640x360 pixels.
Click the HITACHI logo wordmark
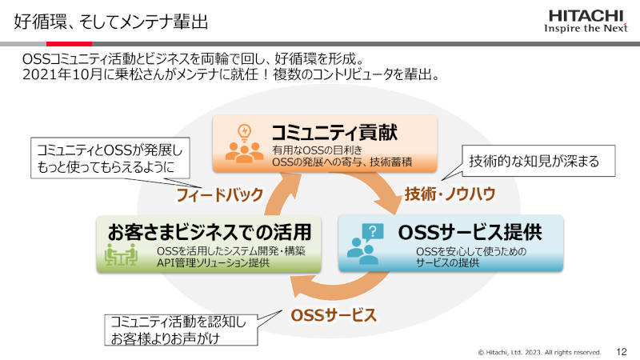586,16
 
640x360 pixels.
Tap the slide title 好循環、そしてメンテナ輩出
111,22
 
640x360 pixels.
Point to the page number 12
622,351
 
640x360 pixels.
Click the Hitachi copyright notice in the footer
539,352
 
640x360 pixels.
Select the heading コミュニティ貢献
334,133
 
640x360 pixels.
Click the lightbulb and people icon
244,144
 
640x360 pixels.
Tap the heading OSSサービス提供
470,232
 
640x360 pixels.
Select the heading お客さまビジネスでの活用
210,232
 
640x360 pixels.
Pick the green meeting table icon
121,254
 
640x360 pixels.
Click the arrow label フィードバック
219,194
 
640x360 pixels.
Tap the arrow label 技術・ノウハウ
450,194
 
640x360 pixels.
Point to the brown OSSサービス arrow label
334,315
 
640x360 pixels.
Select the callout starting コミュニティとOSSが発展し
110,158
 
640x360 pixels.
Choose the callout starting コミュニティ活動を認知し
181,330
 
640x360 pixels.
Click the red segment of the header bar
69,44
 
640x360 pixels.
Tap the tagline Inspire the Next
586,28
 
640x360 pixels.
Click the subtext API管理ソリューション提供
213,263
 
